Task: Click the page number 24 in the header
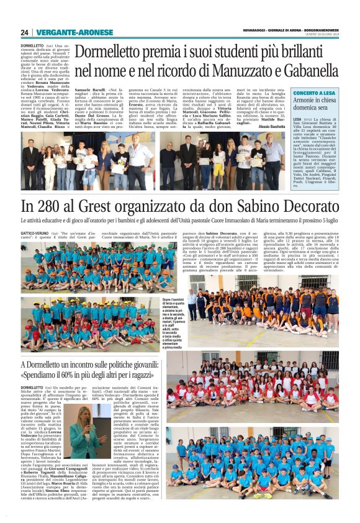24,32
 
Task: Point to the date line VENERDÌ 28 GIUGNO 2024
321,35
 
